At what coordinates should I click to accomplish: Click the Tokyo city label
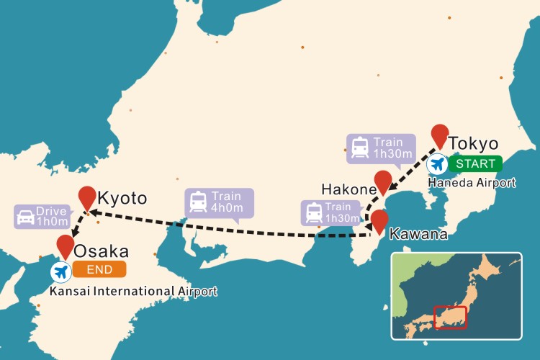click(x=473, y=143)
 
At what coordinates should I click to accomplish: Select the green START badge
click(x=474, y=163)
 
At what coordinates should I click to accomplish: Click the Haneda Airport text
click(x=472, y=183)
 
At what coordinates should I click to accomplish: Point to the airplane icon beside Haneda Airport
click(x=436, y=164)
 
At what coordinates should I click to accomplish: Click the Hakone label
click(x=349, y=189)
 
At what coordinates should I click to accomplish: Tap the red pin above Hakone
click(x=383, y=181)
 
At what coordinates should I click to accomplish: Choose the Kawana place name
click(x=418, y=234)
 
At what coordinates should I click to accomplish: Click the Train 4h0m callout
click(x=220, y=202)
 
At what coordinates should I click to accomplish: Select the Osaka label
click(x=102, y=251)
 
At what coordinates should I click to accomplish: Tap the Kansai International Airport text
click(x=133, y=291)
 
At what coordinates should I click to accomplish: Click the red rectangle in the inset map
click(x=450, y=317)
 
